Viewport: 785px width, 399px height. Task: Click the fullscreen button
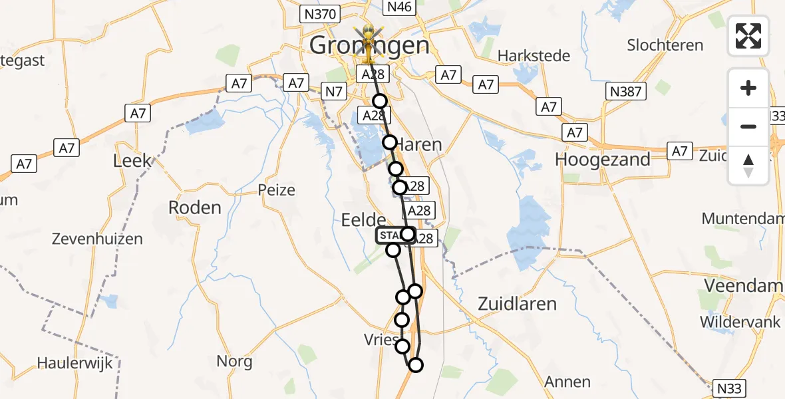748,35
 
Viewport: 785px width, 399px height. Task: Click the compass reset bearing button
748,166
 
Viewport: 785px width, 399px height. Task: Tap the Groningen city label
369,45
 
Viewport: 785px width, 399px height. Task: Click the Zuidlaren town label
518,303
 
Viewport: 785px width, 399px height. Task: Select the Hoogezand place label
602,160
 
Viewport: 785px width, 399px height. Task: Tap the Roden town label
194,207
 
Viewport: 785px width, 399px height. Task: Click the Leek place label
132,161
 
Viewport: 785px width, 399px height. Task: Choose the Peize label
276,190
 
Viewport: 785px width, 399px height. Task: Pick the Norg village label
234,362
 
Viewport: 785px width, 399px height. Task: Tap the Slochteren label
665,45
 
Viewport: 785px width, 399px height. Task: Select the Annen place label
567,382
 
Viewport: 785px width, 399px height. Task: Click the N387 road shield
626,91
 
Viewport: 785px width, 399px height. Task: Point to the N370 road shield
321,14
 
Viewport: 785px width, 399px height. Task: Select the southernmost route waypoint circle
416,364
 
